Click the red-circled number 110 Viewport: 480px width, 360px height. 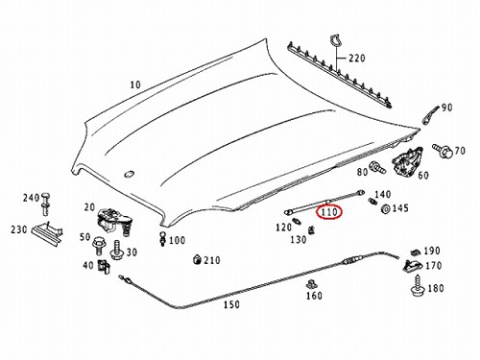pyautogui.click(x=329, y=212)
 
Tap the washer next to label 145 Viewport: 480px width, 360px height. pyautogui.click(x=386, y=209)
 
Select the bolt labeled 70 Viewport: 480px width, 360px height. pyautogui.click(x=443, y=151)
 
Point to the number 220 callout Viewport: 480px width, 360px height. pyautogui.click(x=357, y=59)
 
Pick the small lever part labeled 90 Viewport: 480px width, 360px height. pyautogui.click(x=430, y=115)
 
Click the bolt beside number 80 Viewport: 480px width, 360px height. pyautogui.click(x=377, y=167)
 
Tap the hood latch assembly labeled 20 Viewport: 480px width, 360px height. pyautogui.click(x=114, y=221)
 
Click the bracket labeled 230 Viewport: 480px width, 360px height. pyautogui.click(x=47, y=233)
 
